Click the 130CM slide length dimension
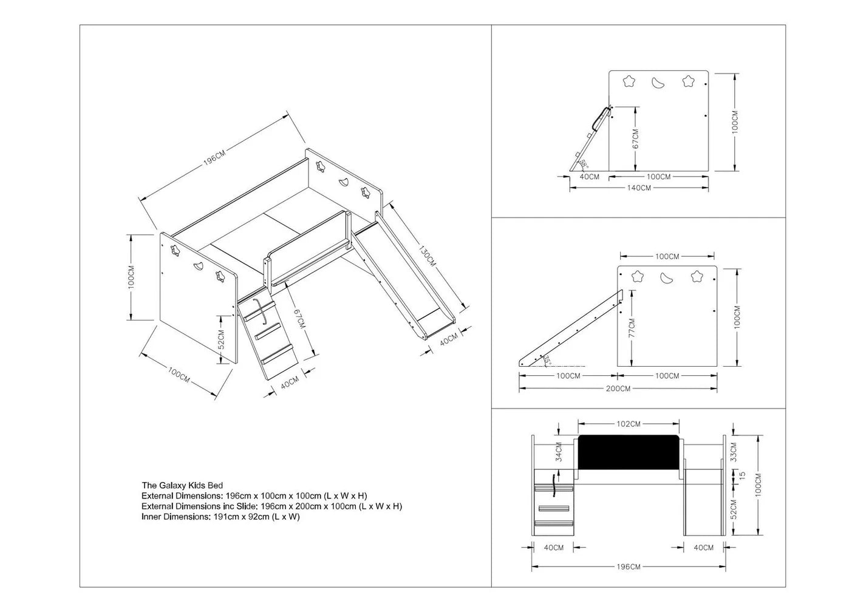coord(428,256)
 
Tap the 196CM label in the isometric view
coord(214,158)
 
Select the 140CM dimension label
coord(639,188)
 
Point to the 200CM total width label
coord(618,389)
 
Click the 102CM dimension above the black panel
coord(628,424)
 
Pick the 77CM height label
coord(632,328)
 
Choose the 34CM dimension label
coord(559,452)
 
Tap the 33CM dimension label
coord(734,452)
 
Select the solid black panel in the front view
coord(629,452)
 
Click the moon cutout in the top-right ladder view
coord(658,83)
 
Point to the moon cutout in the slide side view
coord(667,277)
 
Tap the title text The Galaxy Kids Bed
coord(182,485)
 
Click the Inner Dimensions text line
coord(220,517)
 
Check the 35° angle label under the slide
coord(547,360)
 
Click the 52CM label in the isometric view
coord(221,339)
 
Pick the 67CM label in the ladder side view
coord(636,139)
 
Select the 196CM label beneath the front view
coord(628,566)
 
